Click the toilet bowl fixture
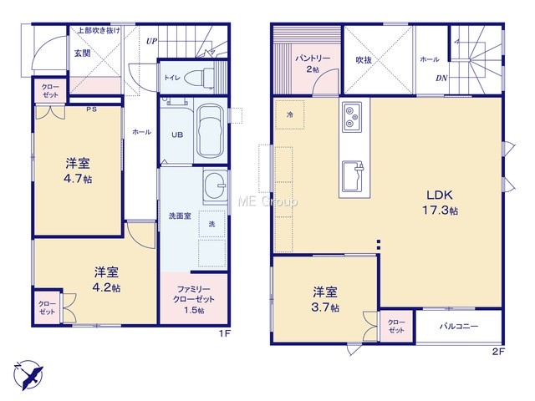click(x=199, y=78)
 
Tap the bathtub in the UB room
click(x=210, y=131)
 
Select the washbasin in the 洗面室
click(x=215, y=186)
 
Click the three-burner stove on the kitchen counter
click(x=352, y=117)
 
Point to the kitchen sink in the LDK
click(x=353, y=176)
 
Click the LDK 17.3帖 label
click(x=441, y=202)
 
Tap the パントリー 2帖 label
click(x=313, y=63)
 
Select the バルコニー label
click(x=459, y=327)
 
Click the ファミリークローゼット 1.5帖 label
click(x=194, y=300)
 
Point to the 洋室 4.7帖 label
click(x=78, y=170)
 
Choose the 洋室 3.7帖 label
click(x=325, y=300)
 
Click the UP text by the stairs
click(x=152, y=41)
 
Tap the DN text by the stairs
click(x=441, y=78)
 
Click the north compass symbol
click(x=28, y=375)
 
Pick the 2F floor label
click(x=498, y=352)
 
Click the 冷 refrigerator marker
click(x=290, y=115)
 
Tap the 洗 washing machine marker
click(x=211, y=224)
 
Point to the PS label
click(x=91, y=109)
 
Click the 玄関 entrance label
click(x=82, y=53)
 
